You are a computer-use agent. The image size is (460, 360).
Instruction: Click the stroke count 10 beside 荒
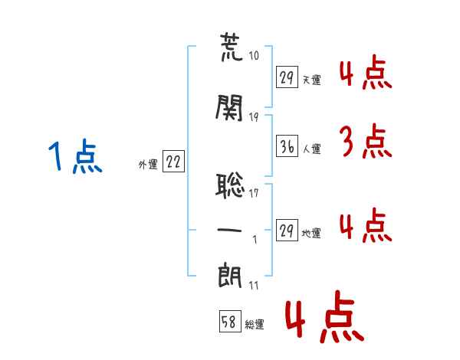[x=254, y=56]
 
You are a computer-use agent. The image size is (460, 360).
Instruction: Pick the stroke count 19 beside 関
[x=254, y=116]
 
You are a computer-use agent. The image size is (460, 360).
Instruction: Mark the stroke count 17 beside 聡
[x=254, y=193]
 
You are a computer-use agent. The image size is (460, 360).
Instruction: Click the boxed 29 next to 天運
[x=287, y=77]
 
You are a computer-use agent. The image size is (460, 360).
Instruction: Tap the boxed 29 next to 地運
[x=287, y=231]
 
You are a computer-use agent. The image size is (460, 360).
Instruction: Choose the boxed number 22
[x=173, y=162]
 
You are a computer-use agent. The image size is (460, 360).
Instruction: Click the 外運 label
[x=147, y=163]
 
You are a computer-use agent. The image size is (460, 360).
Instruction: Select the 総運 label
[x=255, y=325]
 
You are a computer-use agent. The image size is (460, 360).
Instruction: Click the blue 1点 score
[x=74, y=157]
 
